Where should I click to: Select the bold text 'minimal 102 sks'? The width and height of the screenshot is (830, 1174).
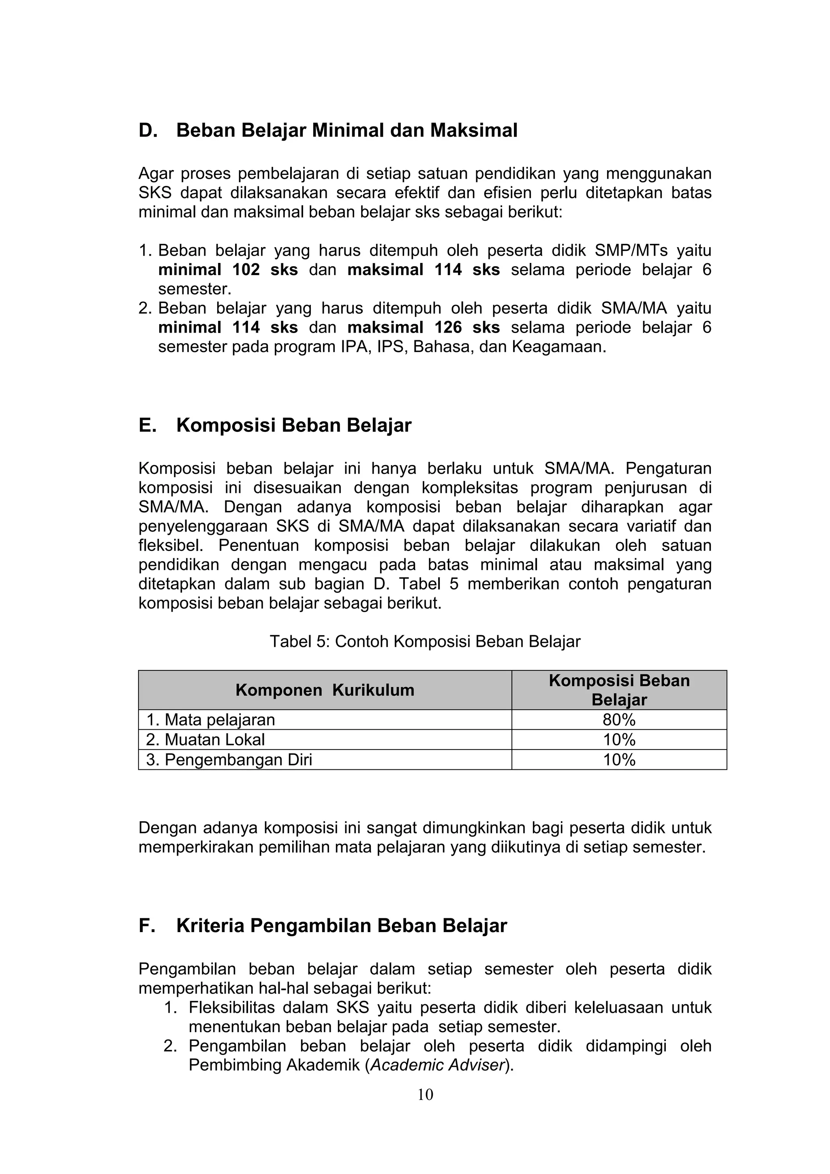click(228, 270)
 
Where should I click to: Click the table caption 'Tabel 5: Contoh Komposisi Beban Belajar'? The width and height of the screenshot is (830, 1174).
click(425, 642)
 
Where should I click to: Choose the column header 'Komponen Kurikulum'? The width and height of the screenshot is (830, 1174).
click(324, 690)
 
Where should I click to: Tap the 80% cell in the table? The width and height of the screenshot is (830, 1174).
click(619, 720)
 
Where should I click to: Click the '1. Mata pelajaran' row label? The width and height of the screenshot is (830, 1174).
click(211, 720)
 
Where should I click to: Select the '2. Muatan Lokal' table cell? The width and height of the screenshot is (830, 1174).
click(205, 740)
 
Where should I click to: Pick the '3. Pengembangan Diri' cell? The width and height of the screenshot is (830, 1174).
click(229, 760)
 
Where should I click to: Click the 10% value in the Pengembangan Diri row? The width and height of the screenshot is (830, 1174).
click(619, 760)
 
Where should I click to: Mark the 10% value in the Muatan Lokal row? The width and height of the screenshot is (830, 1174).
click(619, 740)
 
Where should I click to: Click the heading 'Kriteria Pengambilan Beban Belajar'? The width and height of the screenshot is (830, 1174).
click(341, 926)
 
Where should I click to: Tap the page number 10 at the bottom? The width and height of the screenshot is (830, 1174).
click(425, 1095)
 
